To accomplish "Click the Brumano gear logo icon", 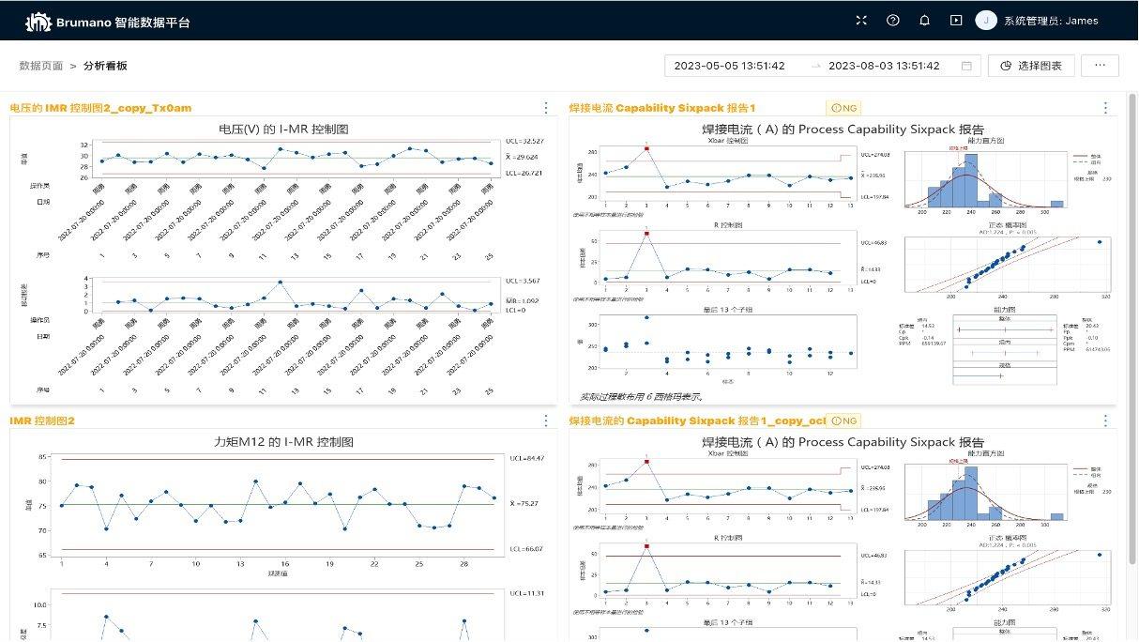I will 38,22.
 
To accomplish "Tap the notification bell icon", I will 924,21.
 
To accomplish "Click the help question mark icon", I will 892,21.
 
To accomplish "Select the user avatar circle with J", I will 985,21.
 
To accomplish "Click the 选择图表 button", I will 1030,66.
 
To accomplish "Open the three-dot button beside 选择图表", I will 1100,66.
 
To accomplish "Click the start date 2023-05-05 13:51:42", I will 729,66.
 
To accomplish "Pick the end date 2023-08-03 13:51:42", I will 883,66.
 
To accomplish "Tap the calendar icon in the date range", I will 966,66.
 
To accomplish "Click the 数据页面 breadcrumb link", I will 41,66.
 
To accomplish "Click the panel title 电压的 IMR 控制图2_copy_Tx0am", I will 100,108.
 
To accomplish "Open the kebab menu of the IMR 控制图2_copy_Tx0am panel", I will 546,108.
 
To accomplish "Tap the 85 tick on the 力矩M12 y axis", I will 43,457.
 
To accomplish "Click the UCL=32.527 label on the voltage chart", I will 524,141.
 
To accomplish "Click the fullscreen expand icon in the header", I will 861,21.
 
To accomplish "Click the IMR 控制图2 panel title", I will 41,420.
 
